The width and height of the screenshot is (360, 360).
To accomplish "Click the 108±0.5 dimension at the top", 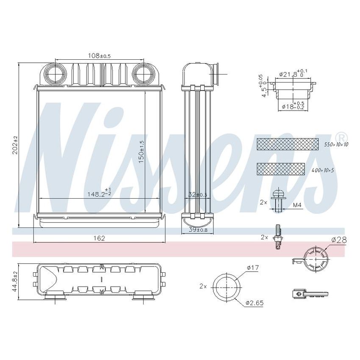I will pyautogui.click(x=99, y=55).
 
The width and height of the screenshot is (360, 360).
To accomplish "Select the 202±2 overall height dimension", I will pyautogui.click(x=15, y=145).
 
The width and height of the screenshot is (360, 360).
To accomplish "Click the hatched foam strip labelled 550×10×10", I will pyautogui.click(x=288, y=144).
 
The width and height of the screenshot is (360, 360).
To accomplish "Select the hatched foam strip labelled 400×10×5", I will pyautogui.click(x=281, y=169).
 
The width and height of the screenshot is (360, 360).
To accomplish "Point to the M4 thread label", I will pyautogui.click(x=297, y=205).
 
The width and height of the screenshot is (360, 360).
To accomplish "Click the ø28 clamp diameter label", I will pyautogui.click(x=339, y=240).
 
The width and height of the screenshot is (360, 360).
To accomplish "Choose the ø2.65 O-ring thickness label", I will pyautogui.click(x=255, y=303).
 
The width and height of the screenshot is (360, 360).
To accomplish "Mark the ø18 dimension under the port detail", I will pyautogui.click(x=292, y=106).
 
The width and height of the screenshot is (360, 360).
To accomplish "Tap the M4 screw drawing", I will pyautogui.click(x=278, y=200).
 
